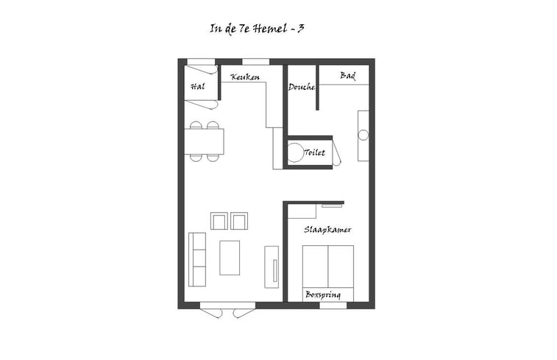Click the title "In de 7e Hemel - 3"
(257, 29)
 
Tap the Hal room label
(197, 86)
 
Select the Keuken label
(245, 77)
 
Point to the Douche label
(302, 87)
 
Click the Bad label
(348, 76)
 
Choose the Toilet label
(315, 152)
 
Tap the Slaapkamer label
(327, 230)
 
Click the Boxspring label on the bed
(323, 295)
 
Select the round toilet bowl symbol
(295, 153)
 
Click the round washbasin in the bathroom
(363, 135)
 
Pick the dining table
(204, 141)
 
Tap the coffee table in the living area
(230, 258)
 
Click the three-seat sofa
(197, 259)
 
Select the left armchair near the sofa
(219, 221)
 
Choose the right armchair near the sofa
(239, 221)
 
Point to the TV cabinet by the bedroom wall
(272, 267)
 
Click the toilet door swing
(337, 153)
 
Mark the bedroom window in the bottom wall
(333, 306)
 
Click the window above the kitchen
(256, 62)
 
